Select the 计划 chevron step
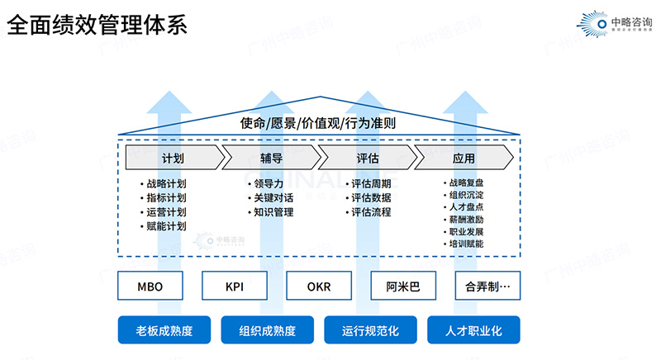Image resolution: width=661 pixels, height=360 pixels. click(x=173, y=158)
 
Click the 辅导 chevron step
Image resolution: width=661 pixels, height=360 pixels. click(x=270, y=158)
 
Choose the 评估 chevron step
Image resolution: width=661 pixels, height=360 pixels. click(x=367, y=158)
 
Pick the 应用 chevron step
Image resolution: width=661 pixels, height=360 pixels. click(x=464, y=158)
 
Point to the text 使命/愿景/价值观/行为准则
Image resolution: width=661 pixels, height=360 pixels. click(x=318, y=124)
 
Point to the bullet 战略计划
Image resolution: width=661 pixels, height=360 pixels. click(x=166, y=184)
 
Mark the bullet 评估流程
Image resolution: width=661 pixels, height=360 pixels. click(x=371, y=212)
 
